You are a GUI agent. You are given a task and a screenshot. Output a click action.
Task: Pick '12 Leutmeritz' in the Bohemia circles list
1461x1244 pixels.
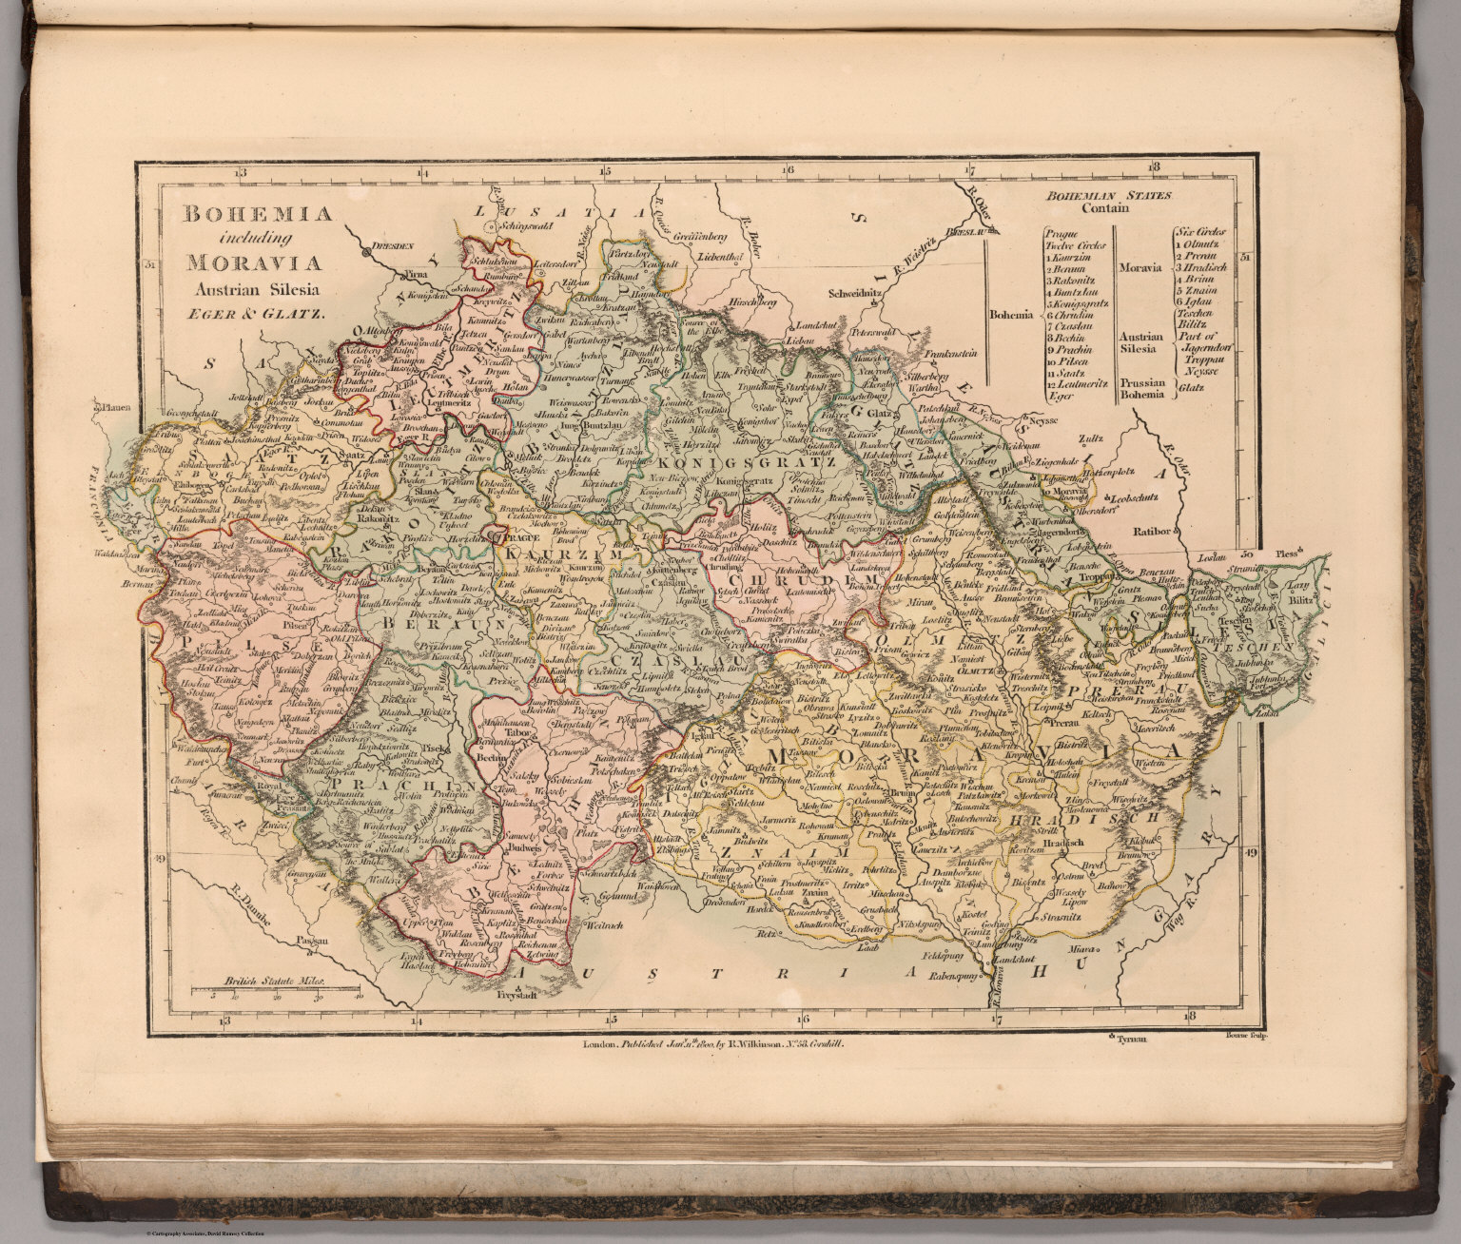tap(1074, 384)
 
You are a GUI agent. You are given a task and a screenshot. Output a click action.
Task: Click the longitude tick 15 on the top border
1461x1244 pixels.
tap(604, 171)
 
